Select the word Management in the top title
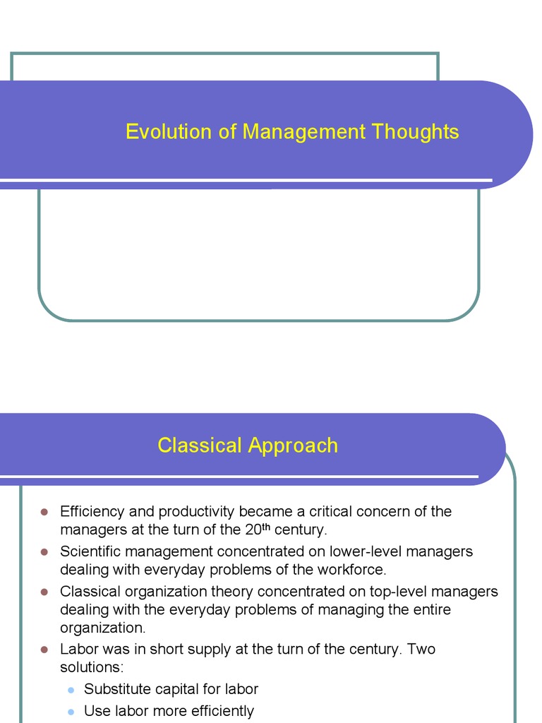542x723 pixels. point(304,132)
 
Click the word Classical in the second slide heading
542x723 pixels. point(200,446)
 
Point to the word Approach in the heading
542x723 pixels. point(293,446)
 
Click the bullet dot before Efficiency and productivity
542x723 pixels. point(44,512)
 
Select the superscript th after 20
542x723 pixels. point(266,527)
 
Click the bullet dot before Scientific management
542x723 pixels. point(44,552)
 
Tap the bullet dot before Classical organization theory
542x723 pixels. point(44,592)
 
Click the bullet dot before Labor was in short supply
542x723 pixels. point(44,650)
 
